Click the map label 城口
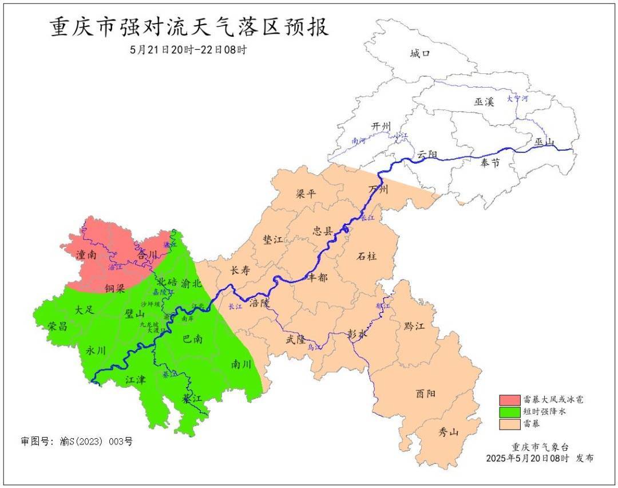coord(420,54)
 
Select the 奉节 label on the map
coord(490,163)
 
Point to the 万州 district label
coord(378,189)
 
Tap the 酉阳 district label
coord(426,393)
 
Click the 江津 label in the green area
coord(137,379)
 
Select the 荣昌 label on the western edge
coord(57,326)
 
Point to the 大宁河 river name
coord(517,99)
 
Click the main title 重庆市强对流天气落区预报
coord(189,27)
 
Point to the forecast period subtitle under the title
coord(188,50)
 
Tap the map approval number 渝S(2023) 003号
coord(77,442)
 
